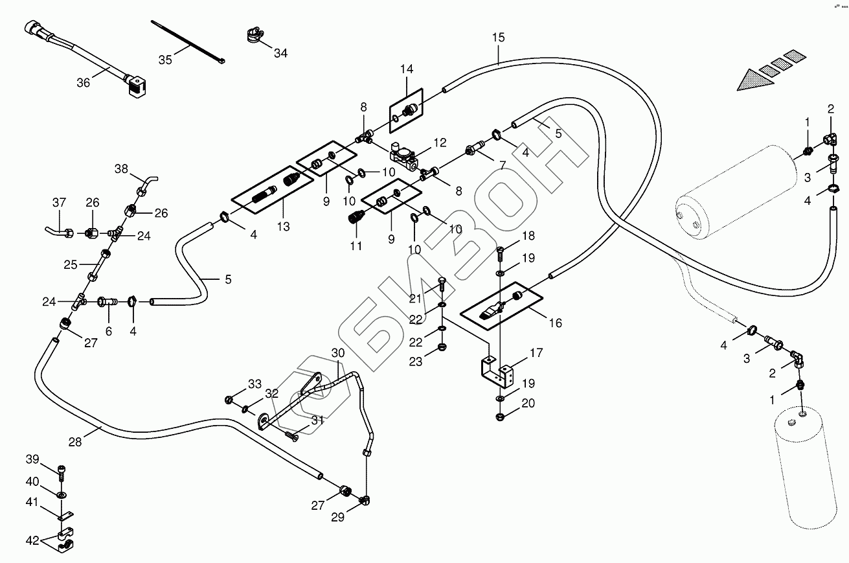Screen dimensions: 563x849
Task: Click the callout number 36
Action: point(83,83)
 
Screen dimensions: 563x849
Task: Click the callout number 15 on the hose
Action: point(497,38)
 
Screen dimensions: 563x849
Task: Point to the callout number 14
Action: point(406,69)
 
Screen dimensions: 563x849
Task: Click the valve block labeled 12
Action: point(403,153)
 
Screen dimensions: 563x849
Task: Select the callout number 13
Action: point(283,227)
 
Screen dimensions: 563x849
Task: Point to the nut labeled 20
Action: point(501,415)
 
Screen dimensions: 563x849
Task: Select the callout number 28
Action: point(75,442)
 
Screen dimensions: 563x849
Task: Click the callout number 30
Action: point(339,354)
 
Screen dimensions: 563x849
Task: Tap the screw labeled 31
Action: point(293,437)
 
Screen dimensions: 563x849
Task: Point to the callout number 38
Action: point(122,170)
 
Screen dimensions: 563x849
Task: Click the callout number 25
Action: point(71,264)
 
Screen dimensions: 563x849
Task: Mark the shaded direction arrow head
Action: point(751,81)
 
